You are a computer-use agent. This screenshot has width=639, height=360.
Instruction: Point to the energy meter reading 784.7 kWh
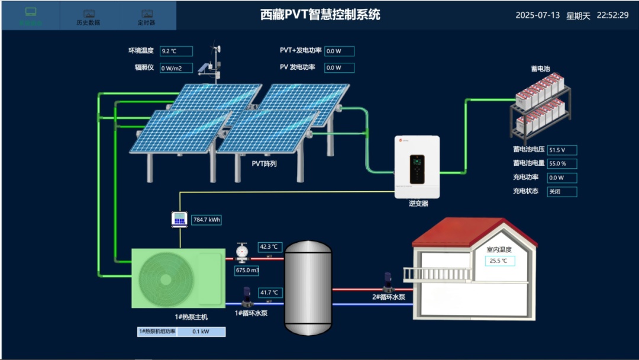tap(206, 220)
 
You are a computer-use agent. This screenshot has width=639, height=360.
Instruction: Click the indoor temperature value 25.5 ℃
tap(500, 261)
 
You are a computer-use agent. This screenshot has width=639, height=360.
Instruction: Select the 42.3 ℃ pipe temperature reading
tap(269, 246)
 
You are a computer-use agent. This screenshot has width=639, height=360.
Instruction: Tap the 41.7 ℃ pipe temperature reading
tap(269, 292)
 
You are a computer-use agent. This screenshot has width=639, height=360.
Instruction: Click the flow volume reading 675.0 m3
tap(247, 271)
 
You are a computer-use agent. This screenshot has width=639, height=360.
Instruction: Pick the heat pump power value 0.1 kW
tap(201, 332)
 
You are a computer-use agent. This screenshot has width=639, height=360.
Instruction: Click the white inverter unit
tap(417, 167)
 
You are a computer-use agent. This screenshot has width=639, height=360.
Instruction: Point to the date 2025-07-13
tap(537, 15)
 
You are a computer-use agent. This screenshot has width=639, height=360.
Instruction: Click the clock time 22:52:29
tap(612, 15)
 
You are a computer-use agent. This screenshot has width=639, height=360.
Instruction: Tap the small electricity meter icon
tap(179, 219)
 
